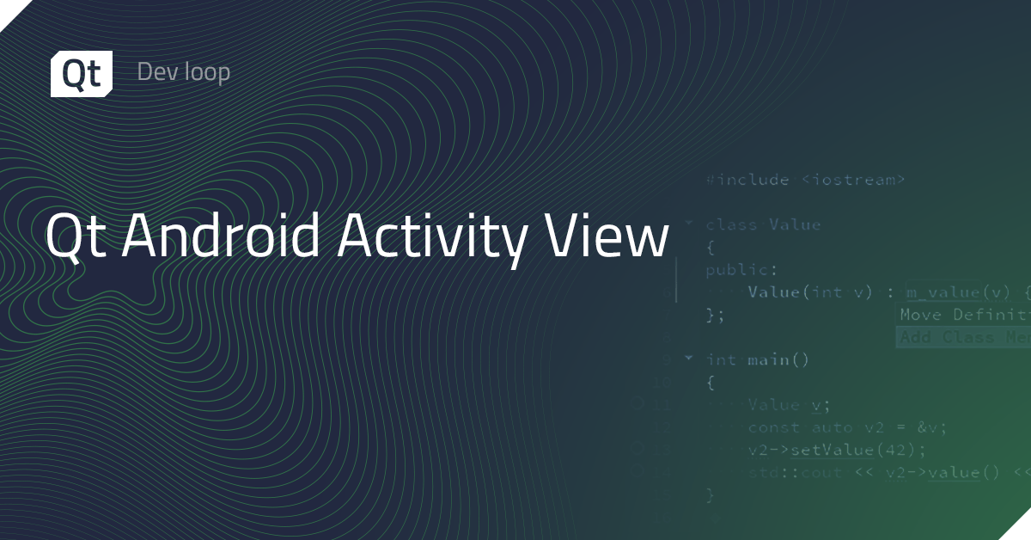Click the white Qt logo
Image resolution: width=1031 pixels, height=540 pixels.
(81, 73)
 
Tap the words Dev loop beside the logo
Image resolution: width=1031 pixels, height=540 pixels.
(183, 72)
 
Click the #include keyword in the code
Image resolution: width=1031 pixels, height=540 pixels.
(747, 180)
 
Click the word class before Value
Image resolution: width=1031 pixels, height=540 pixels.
(731, 224)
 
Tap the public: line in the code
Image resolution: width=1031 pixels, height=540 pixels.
(729, 270)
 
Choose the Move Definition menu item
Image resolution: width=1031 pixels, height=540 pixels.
(962, 315)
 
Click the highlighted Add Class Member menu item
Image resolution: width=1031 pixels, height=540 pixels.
(962, 337)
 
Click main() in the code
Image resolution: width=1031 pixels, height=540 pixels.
(778, 359)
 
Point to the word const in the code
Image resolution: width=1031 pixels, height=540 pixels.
(773, 427)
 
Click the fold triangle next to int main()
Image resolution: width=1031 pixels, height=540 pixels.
(687, 358)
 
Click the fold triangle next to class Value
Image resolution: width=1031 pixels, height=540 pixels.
(687, 223)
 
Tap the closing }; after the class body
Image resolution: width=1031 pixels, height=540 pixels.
(715, 315)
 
